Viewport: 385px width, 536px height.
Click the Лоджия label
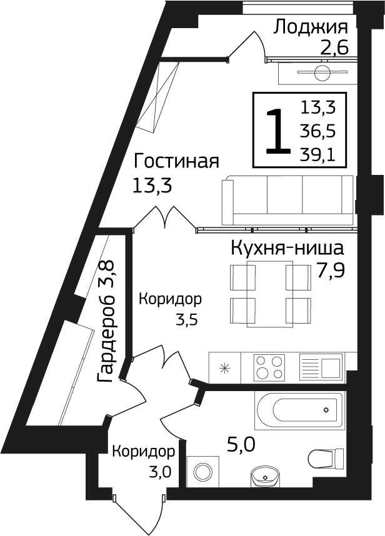tap(311, 27)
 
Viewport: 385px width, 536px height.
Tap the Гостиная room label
tap(176, 161)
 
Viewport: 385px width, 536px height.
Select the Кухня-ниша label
tap(287, 249)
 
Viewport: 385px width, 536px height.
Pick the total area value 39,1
tap(317, 155)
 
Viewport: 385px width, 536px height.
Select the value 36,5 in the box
tap(317, 131)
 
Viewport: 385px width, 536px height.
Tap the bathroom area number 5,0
tap(241, 445)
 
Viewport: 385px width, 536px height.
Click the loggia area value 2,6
tap(334, 48)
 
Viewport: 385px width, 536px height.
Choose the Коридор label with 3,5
tap(170, 299)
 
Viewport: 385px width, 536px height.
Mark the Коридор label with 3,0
tap(144, 452)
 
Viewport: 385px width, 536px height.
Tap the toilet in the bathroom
tap(326, 458)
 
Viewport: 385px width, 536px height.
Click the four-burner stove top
tap(269, 367)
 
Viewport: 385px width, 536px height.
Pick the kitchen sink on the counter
tap(321, 367)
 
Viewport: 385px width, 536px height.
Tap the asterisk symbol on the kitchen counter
tap(224, 368)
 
